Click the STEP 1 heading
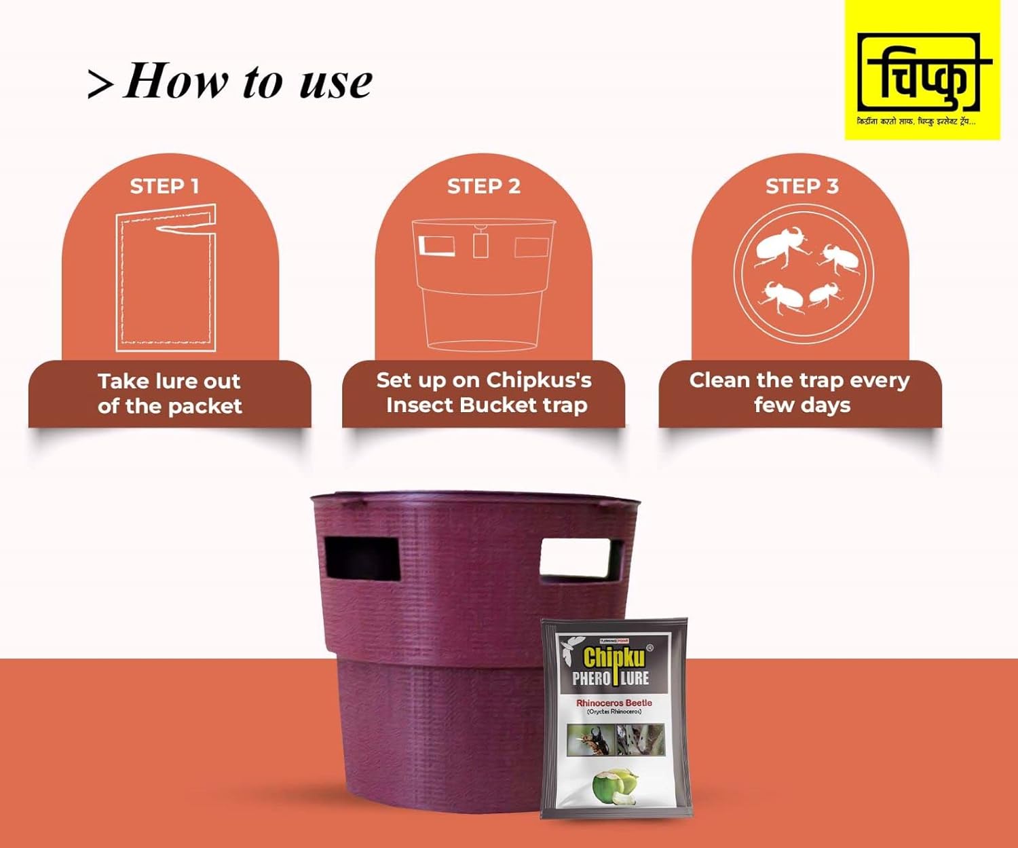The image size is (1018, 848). (x=164, y=186)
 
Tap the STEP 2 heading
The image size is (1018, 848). (x=483, y=186)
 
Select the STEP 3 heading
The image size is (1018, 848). (x=802, y=186)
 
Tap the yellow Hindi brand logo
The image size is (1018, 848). (x=922, y=71)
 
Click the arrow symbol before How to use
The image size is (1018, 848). (x=100, y=84)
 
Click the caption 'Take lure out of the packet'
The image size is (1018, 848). (x=170, y=393)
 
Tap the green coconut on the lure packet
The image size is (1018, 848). (x=614, y=786)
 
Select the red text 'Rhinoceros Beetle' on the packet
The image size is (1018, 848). (x=614, y=703)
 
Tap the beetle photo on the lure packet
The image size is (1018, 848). (x=590, y=739)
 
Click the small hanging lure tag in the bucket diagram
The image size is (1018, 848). (x=480, y=244)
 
